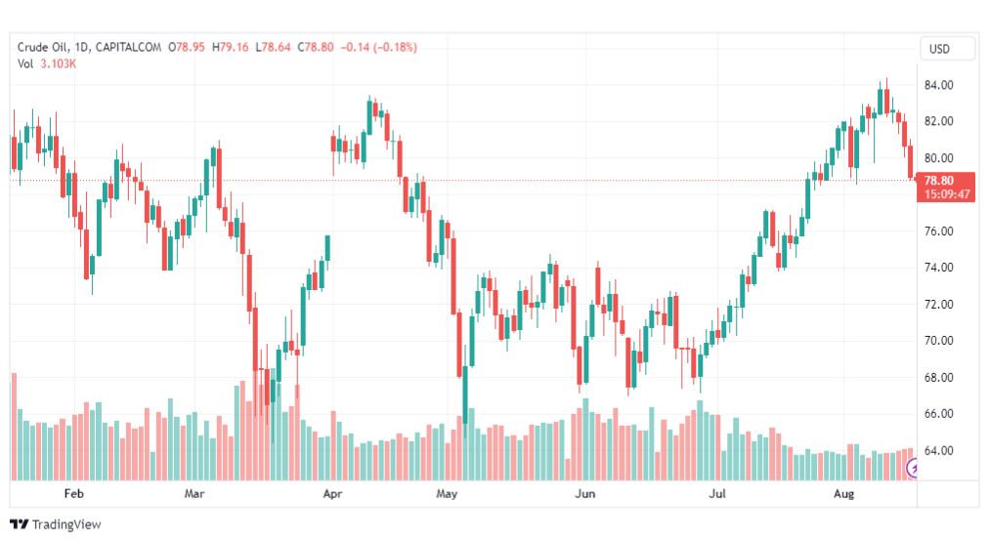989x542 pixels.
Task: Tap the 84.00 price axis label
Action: coord(939,85)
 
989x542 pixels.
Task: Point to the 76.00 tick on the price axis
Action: coord(939,231)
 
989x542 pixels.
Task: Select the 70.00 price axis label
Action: coord(939,341)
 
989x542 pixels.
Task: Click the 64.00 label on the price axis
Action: coord(939,451)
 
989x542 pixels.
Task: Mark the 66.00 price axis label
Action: coord(939,414)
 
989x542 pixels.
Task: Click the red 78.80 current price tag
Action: coord(943,180)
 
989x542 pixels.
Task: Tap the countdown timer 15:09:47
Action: coord(943,193)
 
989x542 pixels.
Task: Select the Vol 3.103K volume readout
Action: coord(47,63)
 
